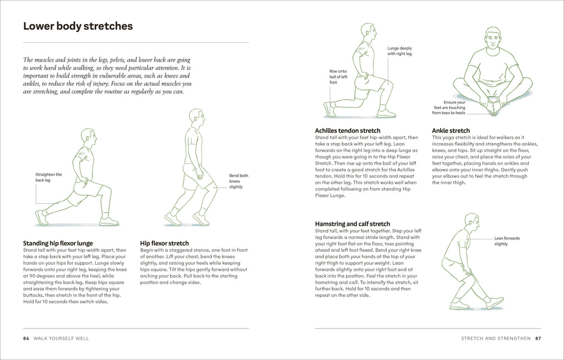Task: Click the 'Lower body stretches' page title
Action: pos(78,26)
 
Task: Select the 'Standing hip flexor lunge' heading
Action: pos(58,243)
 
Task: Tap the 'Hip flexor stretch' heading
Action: pos(165,243)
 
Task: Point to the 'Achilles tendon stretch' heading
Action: pos(348,130)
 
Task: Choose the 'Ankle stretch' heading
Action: pos(451,130)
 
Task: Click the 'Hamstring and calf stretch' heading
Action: pos(352,224)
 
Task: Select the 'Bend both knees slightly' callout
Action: pos(238,181)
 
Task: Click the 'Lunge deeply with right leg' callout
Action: pos(399,51)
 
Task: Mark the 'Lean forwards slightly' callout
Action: pos(507,241)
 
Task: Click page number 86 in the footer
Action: pos(26,338)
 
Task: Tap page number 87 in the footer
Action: pos(538,338)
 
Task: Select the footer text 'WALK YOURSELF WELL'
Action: pos(62,338)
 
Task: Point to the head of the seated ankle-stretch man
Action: pos(493,39)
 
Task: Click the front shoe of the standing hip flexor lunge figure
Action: pos(109,221)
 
